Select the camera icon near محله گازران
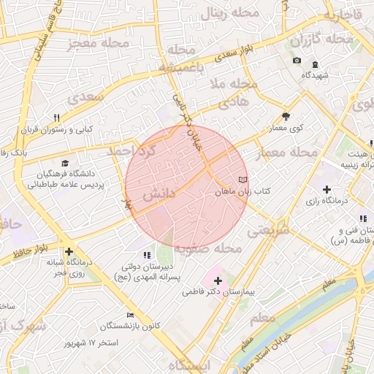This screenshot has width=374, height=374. (297, 60)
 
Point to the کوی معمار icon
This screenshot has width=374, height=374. (286, 116)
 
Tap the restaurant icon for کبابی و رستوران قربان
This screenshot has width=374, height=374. (56, 118)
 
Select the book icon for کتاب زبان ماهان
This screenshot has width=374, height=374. (243, 179)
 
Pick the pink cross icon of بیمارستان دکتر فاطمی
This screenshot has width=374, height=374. (218, 280)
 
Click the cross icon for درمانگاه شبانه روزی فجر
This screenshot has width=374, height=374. (69, 251)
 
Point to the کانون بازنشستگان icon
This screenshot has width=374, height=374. (130, 314)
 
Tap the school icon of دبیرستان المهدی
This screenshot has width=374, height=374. (147, 255)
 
